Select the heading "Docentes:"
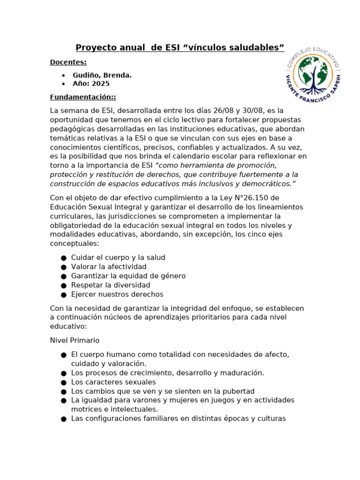(x=68, y=62)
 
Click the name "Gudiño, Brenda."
(x=102, y=75)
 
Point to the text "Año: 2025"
(x=91, y=84)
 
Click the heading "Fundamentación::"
(x=83, y=97)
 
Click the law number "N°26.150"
(x=255, y=198)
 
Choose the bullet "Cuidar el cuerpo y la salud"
(x=118, y=258)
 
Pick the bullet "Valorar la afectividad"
(x=109, y=267)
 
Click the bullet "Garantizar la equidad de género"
(x=128, y=276)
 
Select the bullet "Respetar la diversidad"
(x=111, y=285)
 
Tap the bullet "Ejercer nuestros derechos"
(x=117, y=294)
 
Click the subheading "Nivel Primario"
(x=75, y=340)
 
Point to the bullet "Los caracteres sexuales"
(x=113, y=382)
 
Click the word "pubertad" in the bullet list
(x=239, y=391)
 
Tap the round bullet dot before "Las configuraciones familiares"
(x=64, y=419)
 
